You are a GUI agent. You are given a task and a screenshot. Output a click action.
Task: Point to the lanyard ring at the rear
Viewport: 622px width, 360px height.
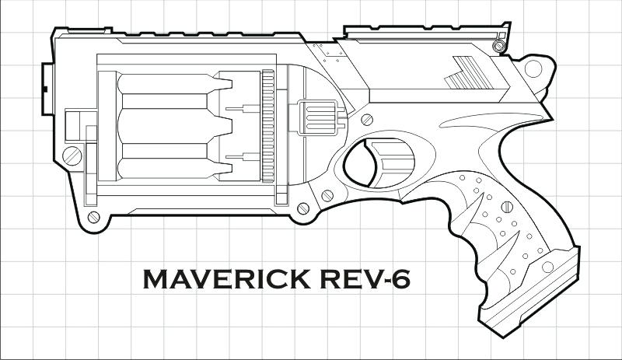pyautogui.click(x=534, y=68)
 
